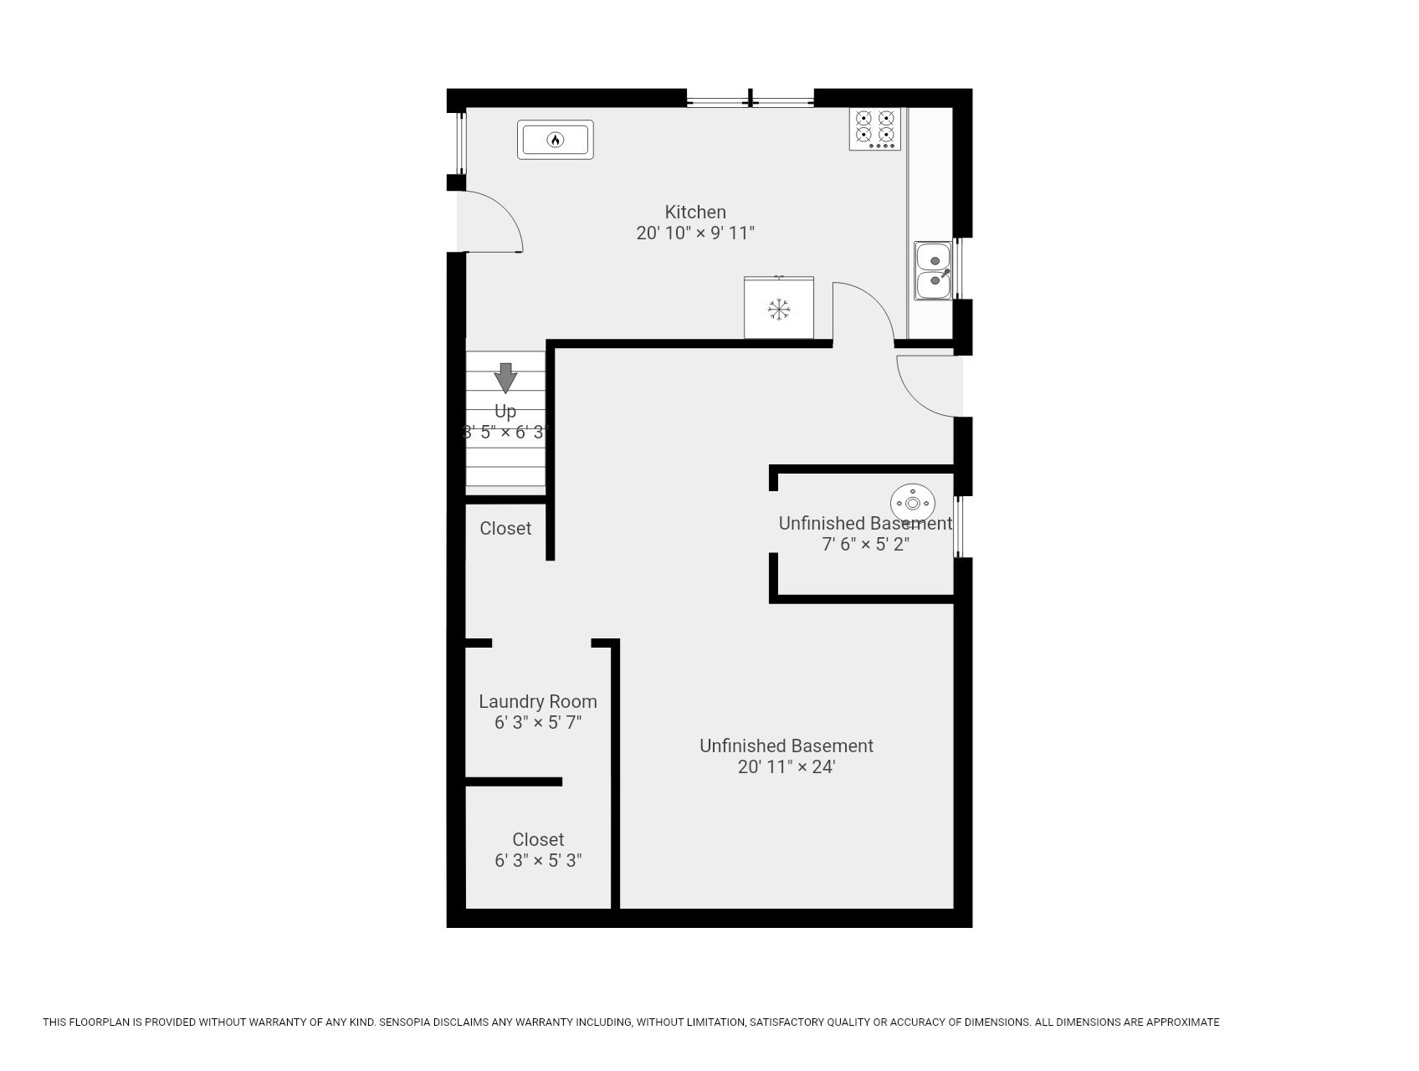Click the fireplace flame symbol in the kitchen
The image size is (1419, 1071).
[555, 140]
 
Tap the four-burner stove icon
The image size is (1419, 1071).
[874, 129]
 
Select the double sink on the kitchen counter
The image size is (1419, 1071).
[933, 271]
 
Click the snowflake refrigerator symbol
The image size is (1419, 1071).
[779, 310]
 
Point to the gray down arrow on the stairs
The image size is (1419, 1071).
[505, 377]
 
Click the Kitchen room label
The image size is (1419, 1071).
[694, 212]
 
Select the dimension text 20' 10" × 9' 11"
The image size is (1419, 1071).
[694, 233]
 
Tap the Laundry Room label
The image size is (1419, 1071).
[537, 701]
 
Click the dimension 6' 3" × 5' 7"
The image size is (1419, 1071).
[537, 723]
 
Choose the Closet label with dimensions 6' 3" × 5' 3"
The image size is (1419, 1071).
[537, 839]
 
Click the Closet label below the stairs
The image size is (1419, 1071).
[505, 528]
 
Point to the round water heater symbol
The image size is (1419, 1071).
[912, 504]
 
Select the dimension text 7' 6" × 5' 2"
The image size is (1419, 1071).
[865, 545]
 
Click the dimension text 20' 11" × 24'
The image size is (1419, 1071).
[786, 767]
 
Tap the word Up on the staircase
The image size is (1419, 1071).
[505, 412]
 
